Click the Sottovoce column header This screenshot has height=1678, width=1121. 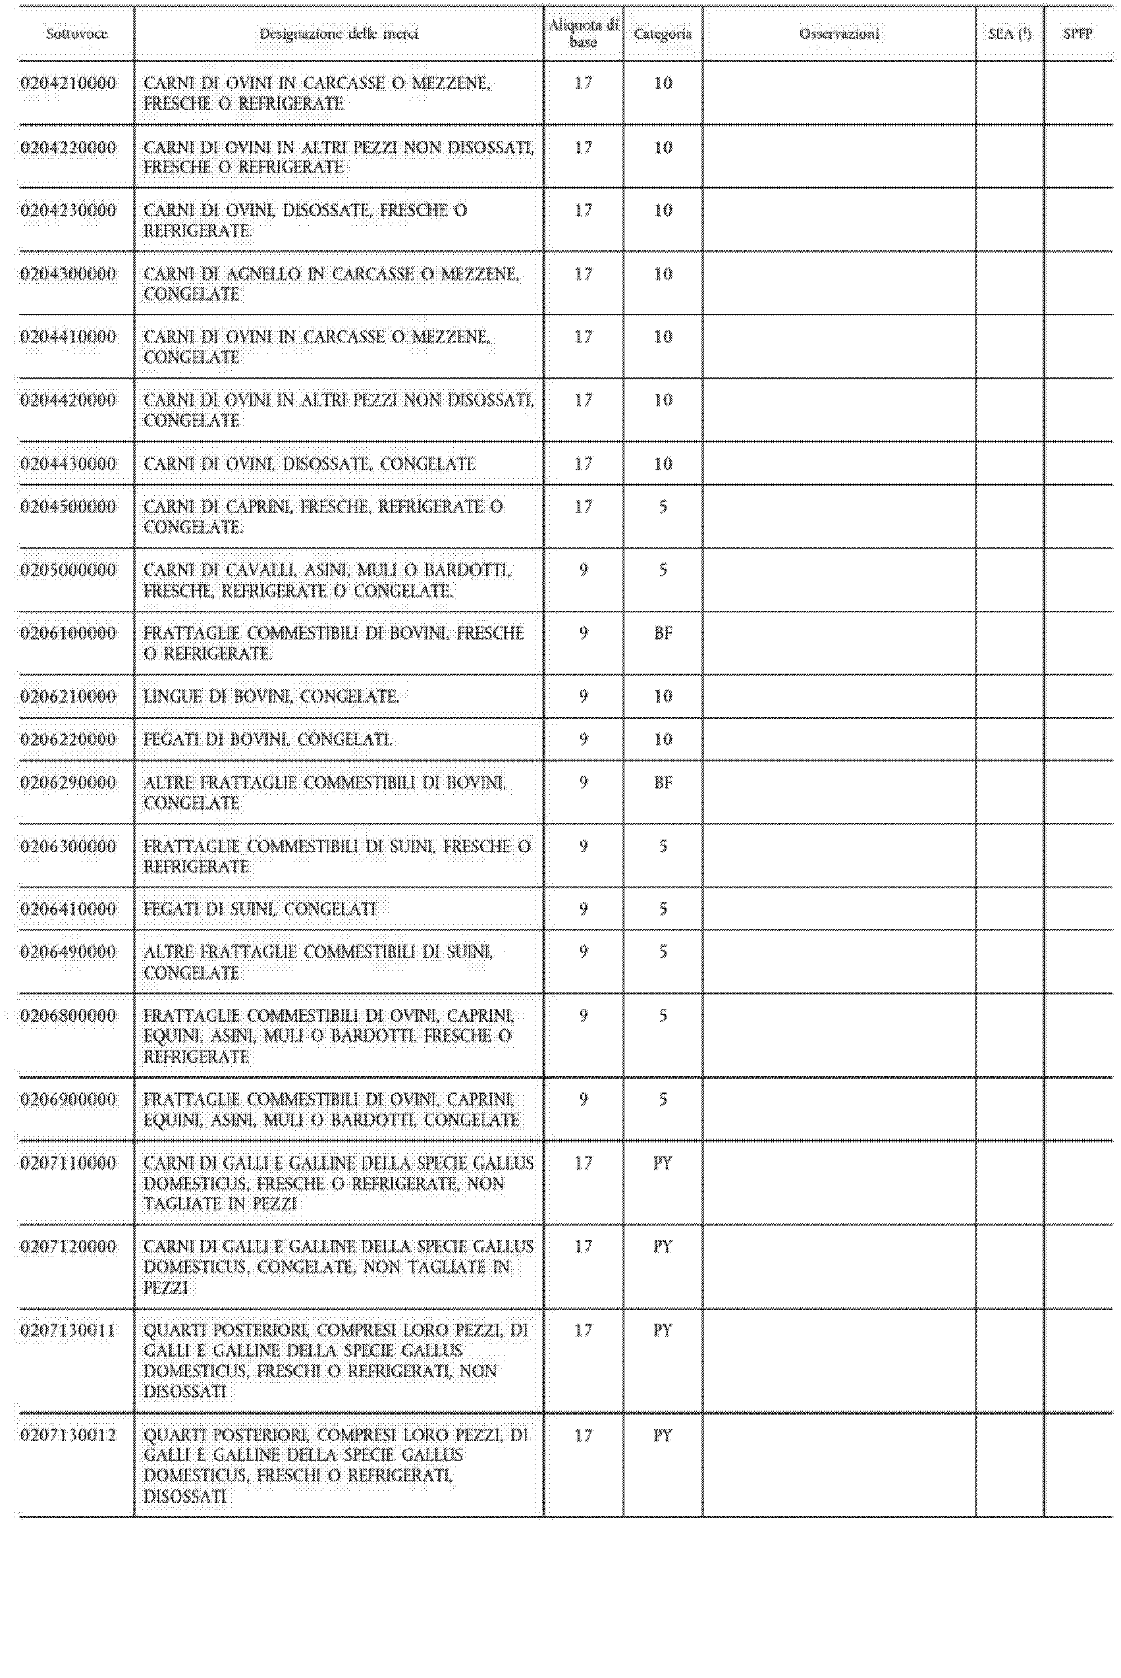pos(76,34)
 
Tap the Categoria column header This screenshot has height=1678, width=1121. pos(663,34)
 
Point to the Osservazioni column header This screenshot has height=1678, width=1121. pos(839,34)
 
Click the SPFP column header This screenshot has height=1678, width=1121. pos(1078,34)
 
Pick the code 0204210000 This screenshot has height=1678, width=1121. pos(68,83)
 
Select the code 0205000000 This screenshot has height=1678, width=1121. pos(68,570)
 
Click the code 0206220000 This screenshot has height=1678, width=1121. pos(68,740)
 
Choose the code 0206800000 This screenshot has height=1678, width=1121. pos(68,1016)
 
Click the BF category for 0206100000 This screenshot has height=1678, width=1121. pos(663,633)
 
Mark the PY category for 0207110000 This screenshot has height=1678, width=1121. pos(663,1164)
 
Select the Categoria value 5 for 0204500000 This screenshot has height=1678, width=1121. pos(663,506)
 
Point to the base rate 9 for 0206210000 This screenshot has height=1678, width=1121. pos(584,697)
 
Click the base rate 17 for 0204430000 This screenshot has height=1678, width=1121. pos(584,464)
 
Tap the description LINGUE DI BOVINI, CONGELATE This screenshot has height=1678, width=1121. pos(271,697)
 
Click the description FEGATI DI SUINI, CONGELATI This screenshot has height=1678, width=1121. pos(260,909)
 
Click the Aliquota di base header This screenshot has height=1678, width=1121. pos(584,34)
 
